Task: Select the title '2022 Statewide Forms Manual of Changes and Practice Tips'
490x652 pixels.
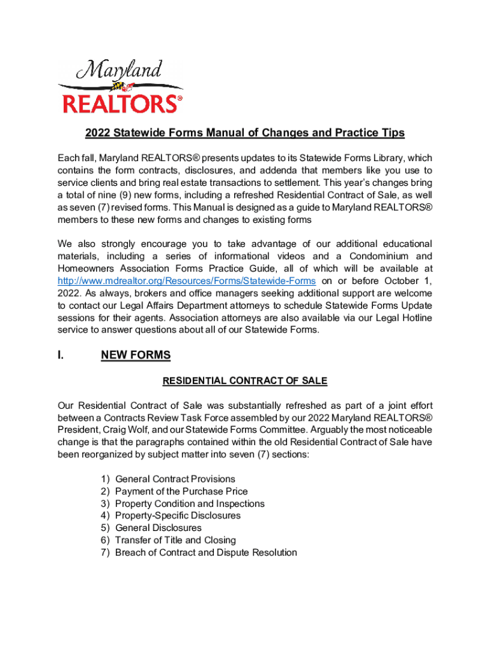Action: point(245,132)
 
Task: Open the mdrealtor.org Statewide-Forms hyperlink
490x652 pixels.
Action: point(186,281)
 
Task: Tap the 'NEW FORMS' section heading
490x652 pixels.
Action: point(136,355)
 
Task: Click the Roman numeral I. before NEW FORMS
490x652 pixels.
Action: point(60,355)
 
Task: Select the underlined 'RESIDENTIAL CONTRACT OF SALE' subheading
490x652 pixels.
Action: point(245,381)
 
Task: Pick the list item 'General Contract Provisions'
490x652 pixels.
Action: point(175,479)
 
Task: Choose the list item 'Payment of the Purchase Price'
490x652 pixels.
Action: point(181,491)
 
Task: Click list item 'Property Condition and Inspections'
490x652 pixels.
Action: point(190,504)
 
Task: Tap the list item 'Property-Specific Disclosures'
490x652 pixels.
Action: point(178,516)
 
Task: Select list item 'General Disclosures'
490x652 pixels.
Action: point(158,528)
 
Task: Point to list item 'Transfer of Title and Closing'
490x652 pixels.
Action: point(176,540)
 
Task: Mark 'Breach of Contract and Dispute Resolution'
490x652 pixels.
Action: point(206,552)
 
